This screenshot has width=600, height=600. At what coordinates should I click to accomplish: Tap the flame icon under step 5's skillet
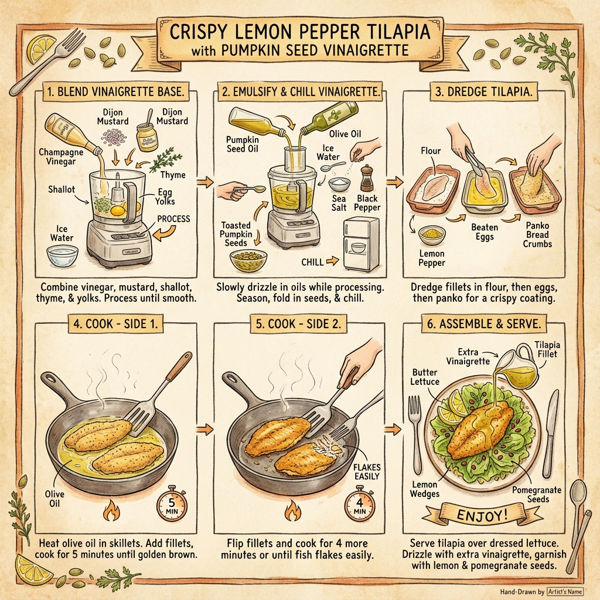(x=293, y=513)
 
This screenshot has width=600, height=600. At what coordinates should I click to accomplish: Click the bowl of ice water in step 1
(x=64, y=254)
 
